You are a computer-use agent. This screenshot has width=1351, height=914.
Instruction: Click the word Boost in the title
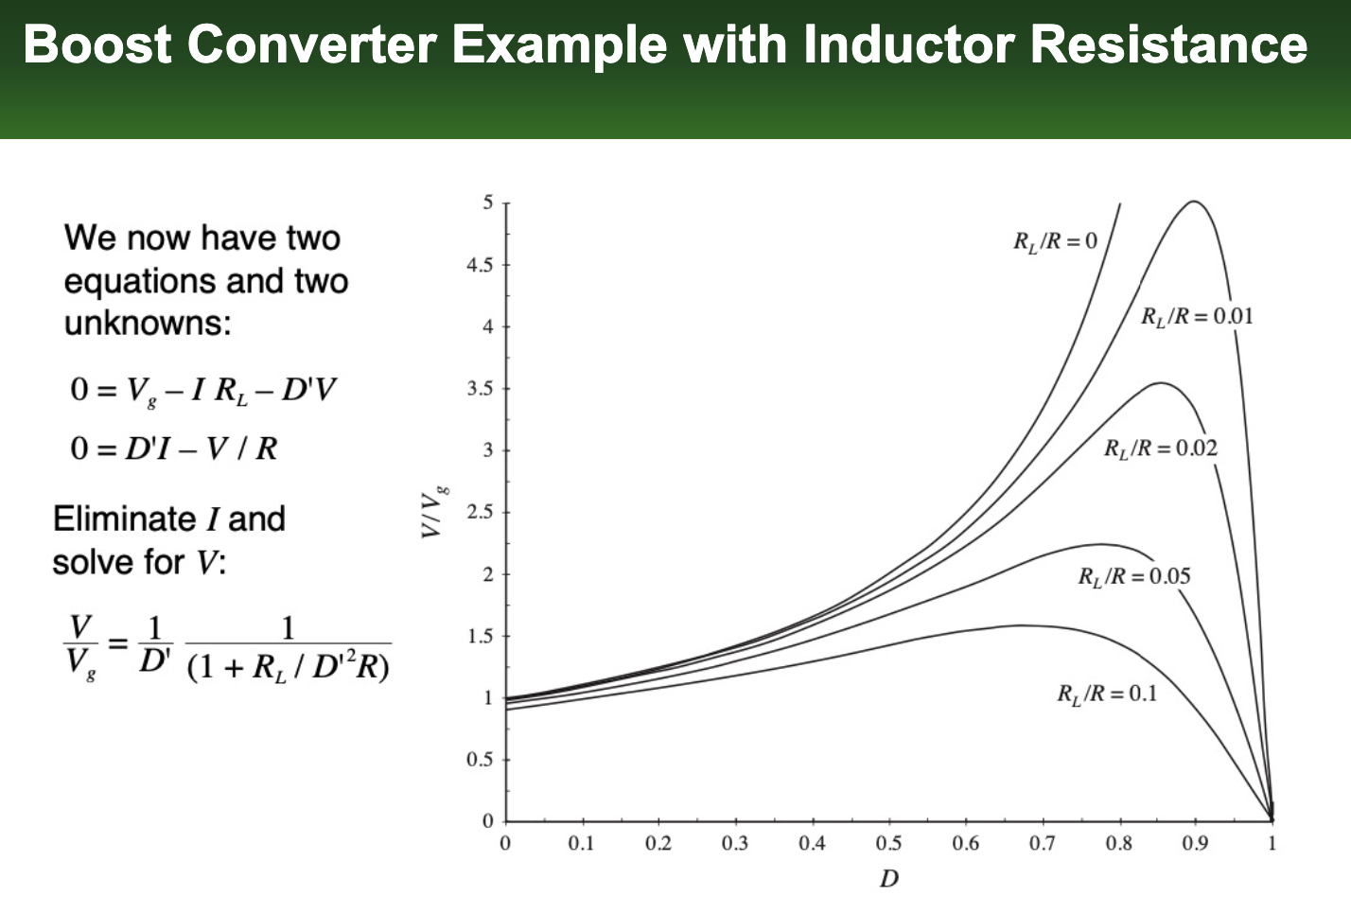click(x=97, y=44)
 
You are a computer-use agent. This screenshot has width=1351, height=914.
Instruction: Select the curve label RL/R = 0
click(x=1055, y=241)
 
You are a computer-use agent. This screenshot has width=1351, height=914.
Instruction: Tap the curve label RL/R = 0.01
click(x=1197, y=317)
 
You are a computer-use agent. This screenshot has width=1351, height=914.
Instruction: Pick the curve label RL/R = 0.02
click(x=1160, y=448)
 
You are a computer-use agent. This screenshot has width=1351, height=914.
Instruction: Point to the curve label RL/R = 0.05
click(x=1133, y=576)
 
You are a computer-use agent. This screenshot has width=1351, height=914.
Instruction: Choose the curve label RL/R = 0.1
click(x=1106, y=694)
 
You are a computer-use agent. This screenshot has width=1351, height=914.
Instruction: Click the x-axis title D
click(x=888, y=879)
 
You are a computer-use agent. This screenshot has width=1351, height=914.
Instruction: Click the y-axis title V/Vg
click(x=433, y=512)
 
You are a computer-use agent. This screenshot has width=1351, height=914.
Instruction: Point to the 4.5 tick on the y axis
click(x=480, y=265)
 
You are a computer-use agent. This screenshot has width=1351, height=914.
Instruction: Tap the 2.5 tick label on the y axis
click(x=480, y=512)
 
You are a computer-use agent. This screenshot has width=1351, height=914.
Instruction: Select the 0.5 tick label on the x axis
click(x=887, y=843)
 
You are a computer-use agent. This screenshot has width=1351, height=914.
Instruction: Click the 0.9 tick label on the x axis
click(x=1195, y=843)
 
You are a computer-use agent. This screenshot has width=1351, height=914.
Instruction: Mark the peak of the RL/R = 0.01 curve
click(x=1194, y=202)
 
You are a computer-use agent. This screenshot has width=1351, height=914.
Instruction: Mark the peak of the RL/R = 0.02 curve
click(x=1160, y=383)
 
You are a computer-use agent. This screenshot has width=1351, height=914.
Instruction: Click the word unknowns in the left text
click(x=148, y=324)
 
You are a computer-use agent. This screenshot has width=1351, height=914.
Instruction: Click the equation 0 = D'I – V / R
click(x=174, y=448)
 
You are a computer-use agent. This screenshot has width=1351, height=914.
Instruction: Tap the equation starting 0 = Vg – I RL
click(x=202, y=390)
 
